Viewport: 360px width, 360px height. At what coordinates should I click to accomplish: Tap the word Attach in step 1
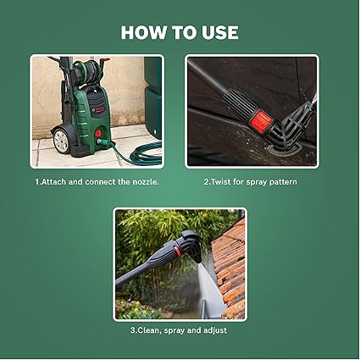pyautogui.click(x=54, y=182)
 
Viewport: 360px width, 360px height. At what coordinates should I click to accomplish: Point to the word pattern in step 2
pyautogui.click(x=283, y=182)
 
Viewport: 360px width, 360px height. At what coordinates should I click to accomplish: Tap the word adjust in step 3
pyautogui.click(x=215, y=330)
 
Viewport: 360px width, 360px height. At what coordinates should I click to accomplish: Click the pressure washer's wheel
pyautogui.click(x=62, y=141)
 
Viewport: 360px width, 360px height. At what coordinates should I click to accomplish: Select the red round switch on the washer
pyautogui.click(x=98, y=133)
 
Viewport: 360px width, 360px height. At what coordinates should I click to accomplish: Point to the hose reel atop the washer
pyautogui.click(x=87, y=73)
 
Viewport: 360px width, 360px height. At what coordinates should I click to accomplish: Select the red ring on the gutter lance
pyautogui.click(x=177, y=251)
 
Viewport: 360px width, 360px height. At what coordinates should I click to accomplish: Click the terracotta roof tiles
pyautogui.click(x=230, y=269)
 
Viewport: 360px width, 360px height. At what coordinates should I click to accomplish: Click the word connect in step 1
pyautogui.click(x=100, y=182)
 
